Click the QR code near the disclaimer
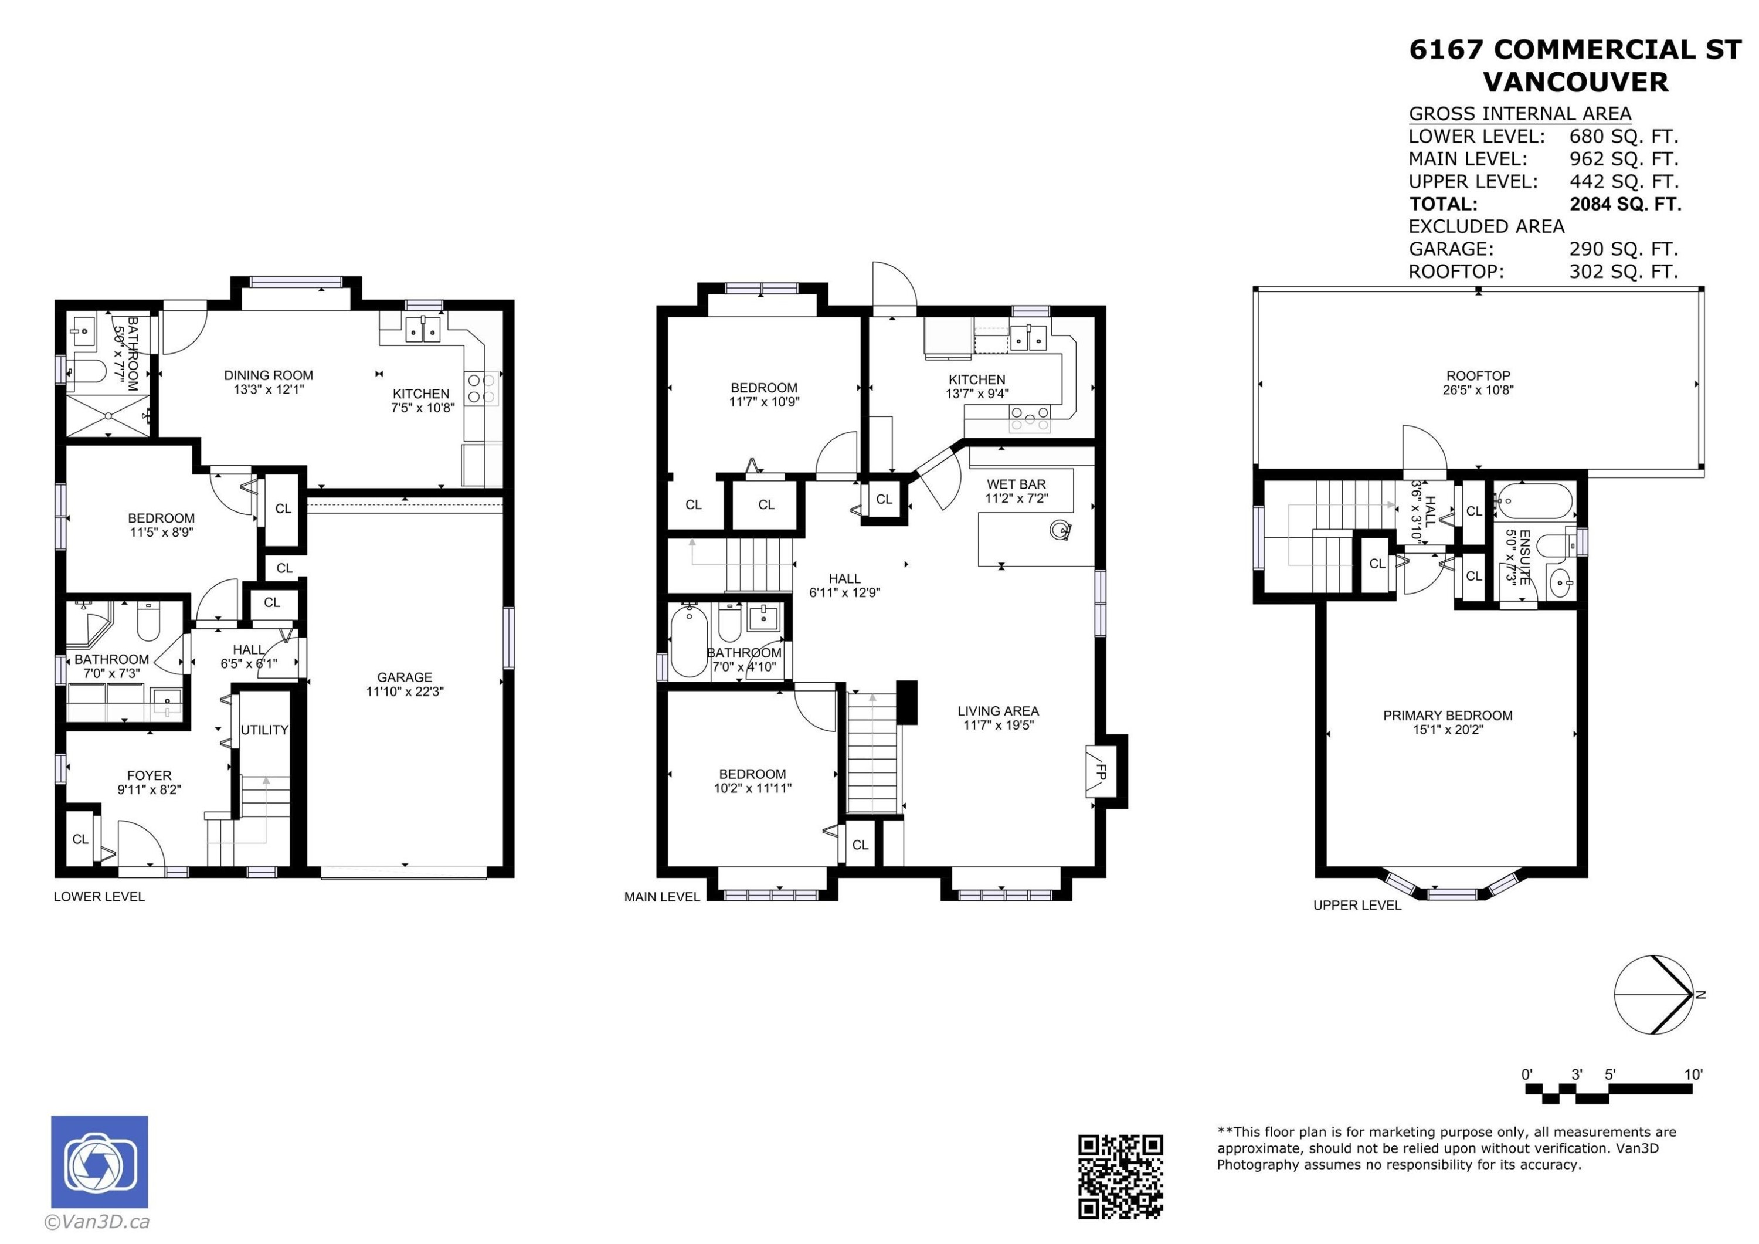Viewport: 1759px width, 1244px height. [x=1120, y=1176]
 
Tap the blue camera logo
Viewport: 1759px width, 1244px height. [x=100, y=1161]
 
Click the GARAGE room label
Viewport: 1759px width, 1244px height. [x=405, y=677]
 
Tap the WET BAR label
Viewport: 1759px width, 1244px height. [x=1016, y=484]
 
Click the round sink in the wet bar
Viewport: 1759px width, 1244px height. [x=1060, y=530]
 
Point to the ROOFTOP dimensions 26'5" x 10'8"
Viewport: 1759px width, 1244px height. [x=1477, y=389]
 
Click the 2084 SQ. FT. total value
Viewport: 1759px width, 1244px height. [x=1625, y=204]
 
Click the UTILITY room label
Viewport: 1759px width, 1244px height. [x=264, y=730]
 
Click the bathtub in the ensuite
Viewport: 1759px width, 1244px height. [x=1535, y=502]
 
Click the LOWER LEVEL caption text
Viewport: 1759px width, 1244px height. [x=99, y=896]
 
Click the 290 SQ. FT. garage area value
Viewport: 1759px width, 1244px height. [x=1624, y=249]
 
